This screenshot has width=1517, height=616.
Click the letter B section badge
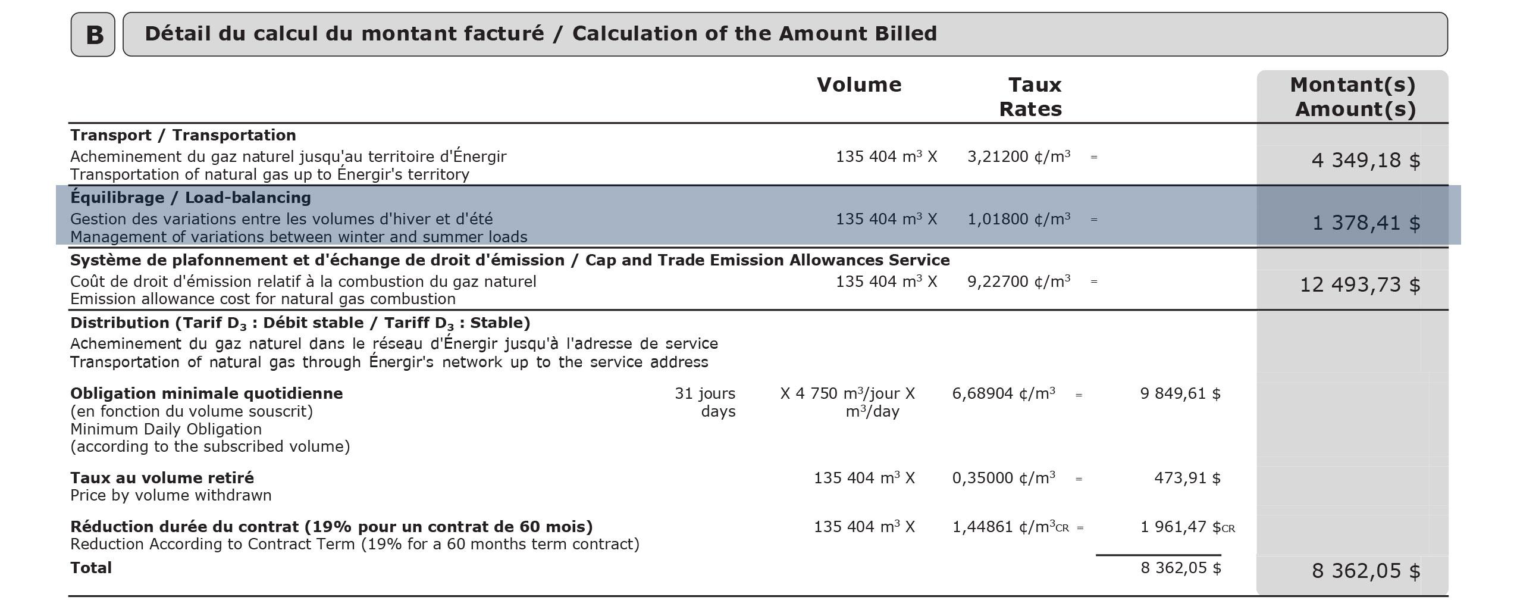(x=93, y=35)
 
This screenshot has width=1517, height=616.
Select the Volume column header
(x=859, y=85)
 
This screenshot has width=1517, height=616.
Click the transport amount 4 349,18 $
(x=1366, y=160)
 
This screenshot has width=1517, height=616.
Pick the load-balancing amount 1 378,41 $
(x=1366, y=223)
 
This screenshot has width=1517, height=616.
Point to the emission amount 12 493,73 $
(x=1360, y=284)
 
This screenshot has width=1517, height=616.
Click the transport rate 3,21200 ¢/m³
(x=1019, y=157)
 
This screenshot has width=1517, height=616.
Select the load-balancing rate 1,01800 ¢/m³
(x=1019, y=219)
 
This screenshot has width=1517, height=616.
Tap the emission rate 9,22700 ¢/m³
(x=1019, y=281)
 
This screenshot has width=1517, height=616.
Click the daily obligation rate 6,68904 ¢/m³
(x=1004, y=393)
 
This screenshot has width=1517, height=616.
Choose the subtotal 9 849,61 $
(x=1180, y=393)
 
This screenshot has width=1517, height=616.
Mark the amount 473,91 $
(x=1187, y=478)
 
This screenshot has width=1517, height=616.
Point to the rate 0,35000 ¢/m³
(x=1004, y=478)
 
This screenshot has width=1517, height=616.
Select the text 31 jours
(x=705, y=393)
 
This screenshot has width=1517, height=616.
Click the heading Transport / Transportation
(x=183, y=135)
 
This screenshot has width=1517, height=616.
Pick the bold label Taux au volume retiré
(x=162, y=478)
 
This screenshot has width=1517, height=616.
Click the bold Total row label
(x=91, y=568)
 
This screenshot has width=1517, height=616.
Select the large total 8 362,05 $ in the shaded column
(x=1366, y=571)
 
